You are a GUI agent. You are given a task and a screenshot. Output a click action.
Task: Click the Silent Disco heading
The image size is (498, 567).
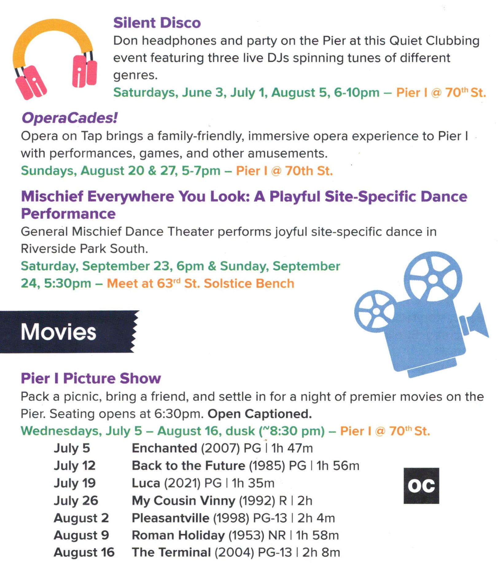157,23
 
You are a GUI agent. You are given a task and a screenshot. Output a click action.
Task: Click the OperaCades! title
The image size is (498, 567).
69,118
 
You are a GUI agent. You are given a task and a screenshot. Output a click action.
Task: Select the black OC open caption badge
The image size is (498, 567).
421,486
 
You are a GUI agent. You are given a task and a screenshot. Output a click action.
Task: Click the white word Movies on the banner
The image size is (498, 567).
58,332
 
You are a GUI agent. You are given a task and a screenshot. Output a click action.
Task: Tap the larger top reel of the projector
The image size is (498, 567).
433,279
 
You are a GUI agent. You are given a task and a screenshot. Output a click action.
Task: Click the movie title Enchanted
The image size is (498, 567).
164,448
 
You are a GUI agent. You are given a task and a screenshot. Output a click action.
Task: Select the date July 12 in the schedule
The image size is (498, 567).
75,466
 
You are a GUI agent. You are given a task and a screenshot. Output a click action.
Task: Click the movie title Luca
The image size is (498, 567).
146,483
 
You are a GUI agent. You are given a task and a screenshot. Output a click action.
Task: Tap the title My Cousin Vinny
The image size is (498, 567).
183,501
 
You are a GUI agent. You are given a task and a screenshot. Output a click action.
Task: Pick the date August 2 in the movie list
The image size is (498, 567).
81,518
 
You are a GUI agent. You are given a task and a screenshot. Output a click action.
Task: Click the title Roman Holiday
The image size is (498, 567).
178,535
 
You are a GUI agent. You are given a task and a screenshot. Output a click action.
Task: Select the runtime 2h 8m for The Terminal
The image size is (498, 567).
321,552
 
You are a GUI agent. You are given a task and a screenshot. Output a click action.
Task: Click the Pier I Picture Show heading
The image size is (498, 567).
91,378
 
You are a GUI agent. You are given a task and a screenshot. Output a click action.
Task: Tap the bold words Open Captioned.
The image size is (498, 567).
260,414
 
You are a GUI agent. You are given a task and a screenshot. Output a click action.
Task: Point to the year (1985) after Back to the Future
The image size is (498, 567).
267,466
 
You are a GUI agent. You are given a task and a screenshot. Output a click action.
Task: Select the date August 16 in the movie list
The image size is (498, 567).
84,553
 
